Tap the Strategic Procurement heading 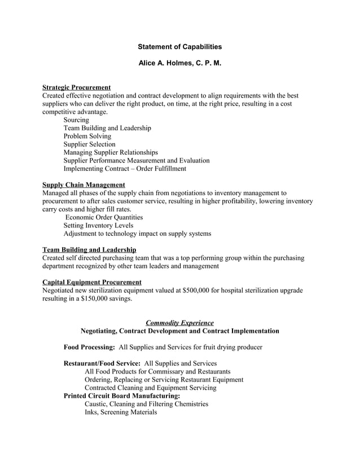point(76,87)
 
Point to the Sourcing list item point(76,120)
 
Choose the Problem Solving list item point(87,136)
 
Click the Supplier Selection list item point(89,144)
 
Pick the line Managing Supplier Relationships point(111,152)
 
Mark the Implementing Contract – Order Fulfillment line point(125,169)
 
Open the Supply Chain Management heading point(84,185)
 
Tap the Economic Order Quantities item point(104,217)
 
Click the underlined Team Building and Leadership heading point(89,250)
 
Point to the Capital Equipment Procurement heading point(92,282)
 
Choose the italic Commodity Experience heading point(180,323)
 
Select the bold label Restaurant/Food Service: point(102,364)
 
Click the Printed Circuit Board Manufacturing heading point(122,396)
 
